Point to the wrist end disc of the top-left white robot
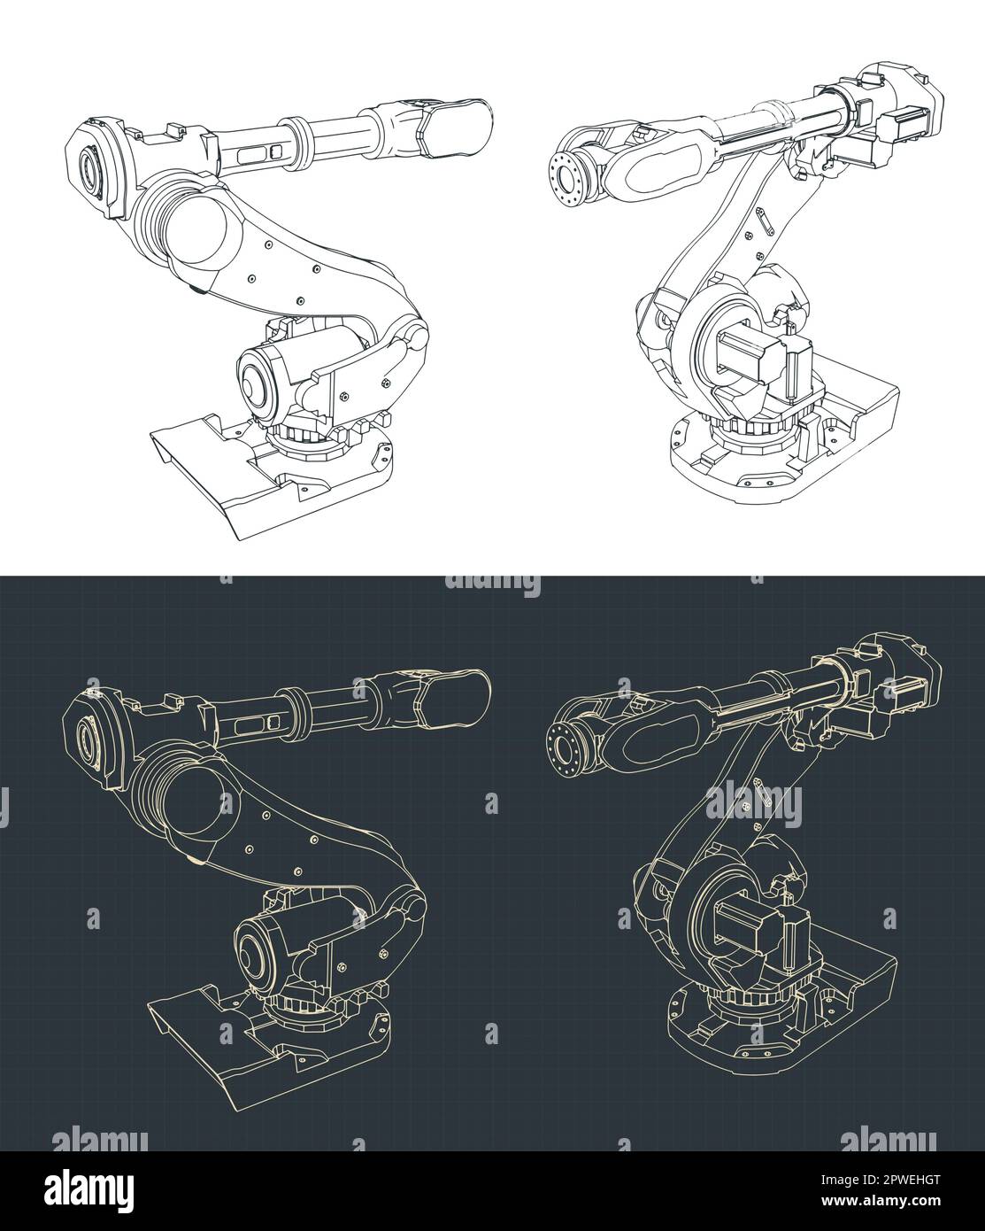pyautogui.click(x=88, y=168)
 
